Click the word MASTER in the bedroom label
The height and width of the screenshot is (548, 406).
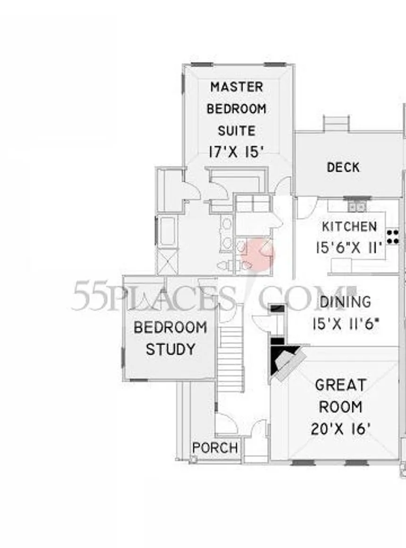click(x=237, y=87)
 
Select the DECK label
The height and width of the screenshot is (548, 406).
click(x=343, y=167)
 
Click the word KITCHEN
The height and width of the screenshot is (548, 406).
click(x=349, y=226)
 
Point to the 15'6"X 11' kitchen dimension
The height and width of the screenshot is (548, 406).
click(x=349, y=247)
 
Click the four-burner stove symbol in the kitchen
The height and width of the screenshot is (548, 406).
click(x=392, y=237)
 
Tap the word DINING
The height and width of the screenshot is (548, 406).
click(x=345, y=302)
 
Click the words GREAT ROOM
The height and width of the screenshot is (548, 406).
click(x=340, y=396)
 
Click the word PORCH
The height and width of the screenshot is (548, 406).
click(x=215, y=448)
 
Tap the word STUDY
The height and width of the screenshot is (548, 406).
click(x=170, y=349)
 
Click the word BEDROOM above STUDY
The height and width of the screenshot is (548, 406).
click(x=170, y=328)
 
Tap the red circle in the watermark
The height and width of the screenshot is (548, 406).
click(x=258, y=254)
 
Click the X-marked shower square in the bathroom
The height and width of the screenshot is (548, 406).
click(x=168, y=262)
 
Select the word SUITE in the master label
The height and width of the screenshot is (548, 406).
click(x=237, y=130)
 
